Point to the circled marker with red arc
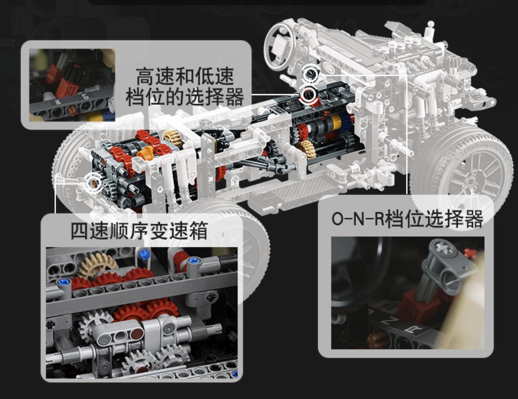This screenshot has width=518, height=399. coord(309,95)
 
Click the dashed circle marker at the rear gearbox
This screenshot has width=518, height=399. coord(94,183)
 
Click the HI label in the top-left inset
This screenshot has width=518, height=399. coord(57,103)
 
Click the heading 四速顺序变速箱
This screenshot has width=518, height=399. coord(139,231)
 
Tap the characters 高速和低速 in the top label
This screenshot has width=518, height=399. coord(184,76)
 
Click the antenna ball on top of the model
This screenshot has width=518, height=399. coord(430,24)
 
